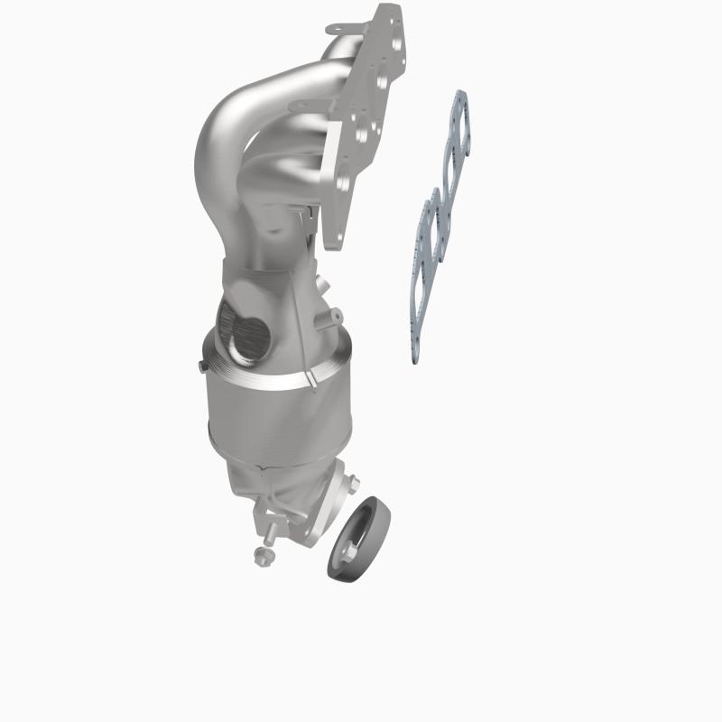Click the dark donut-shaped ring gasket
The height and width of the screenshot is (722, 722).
[x=358, y=541]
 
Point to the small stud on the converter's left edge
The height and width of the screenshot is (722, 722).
[x=196, y=365]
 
